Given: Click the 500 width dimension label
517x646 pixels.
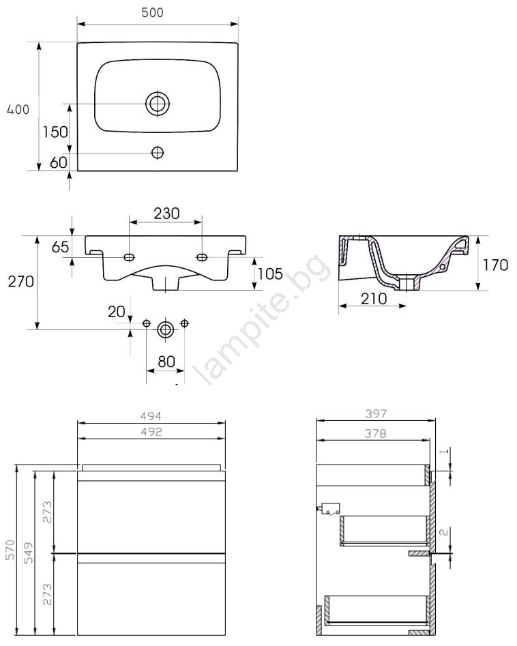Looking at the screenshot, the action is pos(152,12).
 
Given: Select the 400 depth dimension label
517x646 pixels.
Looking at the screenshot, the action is pos(18,109).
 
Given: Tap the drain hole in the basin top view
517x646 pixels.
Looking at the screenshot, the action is pos(158,103).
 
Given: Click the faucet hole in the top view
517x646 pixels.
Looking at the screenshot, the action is pos(158,152).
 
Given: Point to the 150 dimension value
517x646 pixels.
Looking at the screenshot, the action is pos(55,132).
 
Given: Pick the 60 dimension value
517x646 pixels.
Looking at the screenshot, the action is pos(59,162).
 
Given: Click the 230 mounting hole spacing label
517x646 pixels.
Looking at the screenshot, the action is pos(167,214).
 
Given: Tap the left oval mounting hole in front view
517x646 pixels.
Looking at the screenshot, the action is pos(130,257).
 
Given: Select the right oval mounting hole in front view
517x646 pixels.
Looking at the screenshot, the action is pos(202,257).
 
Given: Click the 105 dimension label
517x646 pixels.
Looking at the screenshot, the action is pos(271,274).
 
